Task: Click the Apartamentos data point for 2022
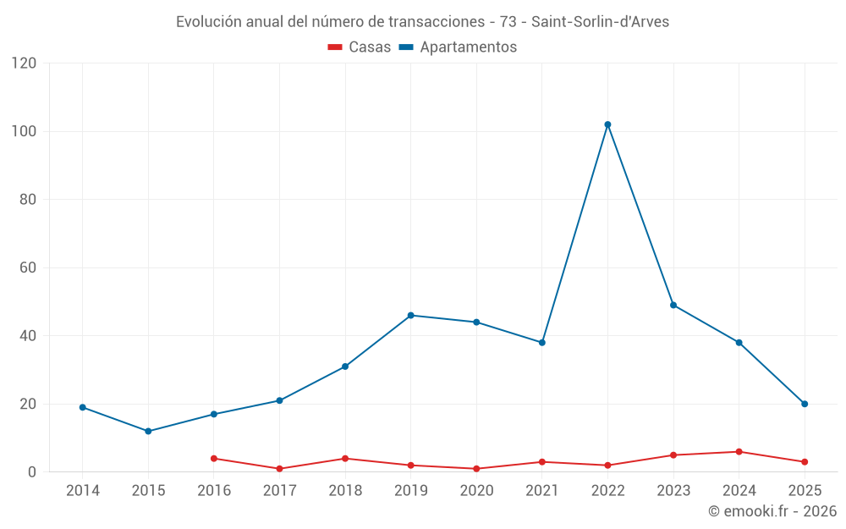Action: click(607, 124)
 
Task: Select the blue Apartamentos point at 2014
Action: click(83, 407)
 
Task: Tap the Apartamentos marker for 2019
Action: click(411, 315)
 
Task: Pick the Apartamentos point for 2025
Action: click(805, 404)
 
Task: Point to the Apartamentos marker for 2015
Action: click(148, 431)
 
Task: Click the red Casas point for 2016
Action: click(214, 458)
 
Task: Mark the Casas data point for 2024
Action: click(739, 451)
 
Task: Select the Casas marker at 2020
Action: click(476, 468)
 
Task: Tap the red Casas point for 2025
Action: click(805, 461)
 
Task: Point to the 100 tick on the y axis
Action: click(25, 131)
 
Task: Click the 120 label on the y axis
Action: click(25, 63)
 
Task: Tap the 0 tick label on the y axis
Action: click(33, 471)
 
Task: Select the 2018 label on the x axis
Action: click(345, 490)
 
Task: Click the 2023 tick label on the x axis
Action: click(673, 490)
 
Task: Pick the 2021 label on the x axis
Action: click(542, 490)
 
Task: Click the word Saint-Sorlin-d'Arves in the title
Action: click(600, 22)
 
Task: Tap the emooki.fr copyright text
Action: click(772, 511)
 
